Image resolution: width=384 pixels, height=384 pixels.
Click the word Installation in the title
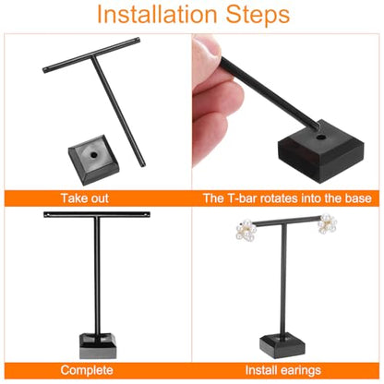click(x=157, y=15)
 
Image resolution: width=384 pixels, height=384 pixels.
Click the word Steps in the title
click(x=258, y=15)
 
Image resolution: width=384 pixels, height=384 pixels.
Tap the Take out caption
click(x=85, y=198)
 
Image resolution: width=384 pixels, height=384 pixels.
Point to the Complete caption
click(x=87, y=370)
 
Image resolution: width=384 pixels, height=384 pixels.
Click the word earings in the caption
click(x=301, y=370)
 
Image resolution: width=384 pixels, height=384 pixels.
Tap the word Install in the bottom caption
click(x=262, y=370)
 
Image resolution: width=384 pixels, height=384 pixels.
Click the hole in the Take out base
click(x=92, y=155)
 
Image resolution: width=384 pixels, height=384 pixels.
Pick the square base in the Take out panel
click(x=93, y=160)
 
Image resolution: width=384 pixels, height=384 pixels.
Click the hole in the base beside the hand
click(x=321, y=136)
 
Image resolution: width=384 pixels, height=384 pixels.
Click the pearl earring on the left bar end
click(x=246, y=230)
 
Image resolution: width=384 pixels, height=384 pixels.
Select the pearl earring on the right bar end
click(x=328, y=223)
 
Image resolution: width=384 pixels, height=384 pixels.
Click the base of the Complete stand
click(x=98, y=345)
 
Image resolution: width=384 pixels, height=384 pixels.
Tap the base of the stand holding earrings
click(x=282, y=346)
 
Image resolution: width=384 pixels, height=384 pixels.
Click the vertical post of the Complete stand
click(x=97, y=277)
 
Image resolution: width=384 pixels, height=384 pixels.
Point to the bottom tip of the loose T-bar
click(x=143, y=165)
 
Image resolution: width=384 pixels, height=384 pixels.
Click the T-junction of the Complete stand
click(x=97, y=215)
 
